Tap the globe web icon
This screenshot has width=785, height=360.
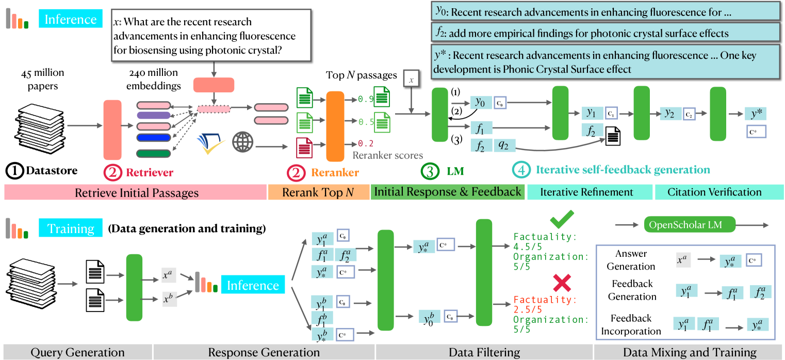(242, 142)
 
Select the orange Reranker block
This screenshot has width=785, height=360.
(335, 126)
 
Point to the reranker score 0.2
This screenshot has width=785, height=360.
(364, 143)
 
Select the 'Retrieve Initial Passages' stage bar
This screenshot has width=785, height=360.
(135, 192)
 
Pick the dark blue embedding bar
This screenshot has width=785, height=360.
(153, 138)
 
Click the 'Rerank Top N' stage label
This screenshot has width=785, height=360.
(318, 192)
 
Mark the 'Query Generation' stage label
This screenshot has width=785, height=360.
(77, 352)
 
